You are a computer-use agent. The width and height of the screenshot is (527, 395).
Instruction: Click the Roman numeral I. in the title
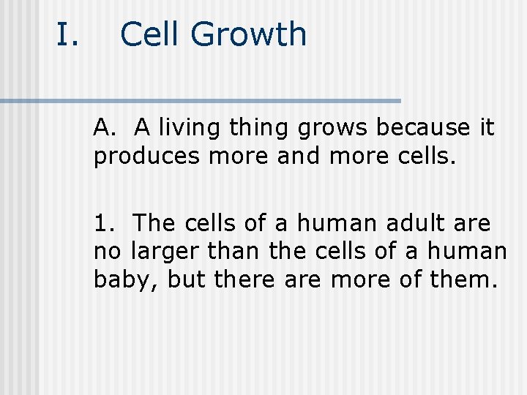point(67,34)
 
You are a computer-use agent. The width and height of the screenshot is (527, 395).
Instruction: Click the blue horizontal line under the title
point(201,100)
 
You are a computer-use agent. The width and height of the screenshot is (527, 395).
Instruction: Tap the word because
point(425,128)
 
